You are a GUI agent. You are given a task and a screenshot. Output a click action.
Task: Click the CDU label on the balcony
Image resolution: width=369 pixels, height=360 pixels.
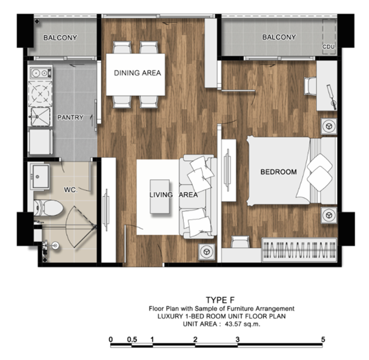click(328, 47)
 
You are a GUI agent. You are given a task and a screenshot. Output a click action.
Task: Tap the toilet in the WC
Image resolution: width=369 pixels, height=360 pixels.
click(48, 208)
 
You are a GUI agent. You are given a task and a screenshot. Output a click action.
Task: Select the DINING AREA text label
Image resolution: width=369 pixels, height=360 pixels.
click(137, 73)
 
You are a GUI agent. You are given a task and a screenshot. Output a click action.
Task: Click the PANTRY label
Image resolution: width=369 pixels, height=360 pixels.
click(70, 117)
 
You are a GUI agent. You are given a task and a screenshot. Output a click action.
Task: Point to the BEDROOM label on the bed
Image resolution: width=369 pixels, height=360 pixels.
click(279, 172)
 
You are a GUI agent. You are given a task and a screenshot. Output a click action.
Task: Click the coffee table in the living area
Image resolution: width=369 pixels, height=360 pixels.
click(160, 197)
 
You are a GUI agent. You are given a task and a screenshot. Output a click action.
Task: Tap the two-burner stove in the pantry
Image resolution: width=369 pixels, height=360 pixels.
click(41, 73)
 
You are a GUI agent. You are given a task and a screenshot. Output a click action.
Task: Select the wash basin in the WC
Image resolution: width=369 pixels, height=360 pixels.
click(41, 176)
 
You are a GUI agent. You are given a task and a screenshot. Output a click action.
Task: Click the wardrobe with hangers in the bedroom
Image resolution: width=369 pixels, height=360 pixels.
click(300, 250)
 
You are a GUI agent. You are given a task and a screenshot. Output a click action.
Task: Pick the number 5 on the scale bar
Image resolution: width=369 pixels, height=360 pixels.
click(323, 339)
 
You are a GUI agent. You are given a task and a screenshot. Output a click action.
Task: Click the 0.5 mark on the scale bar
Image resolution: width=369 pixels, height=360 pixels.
click(132, 339)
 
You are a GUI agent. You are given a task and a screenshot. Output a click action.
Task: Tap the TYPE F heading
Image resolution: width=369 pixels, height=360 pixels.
click(220, 300)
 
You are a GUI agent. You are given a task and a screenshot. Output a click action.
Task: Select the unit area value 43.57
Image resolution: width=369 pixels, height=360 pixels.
click(233, 324)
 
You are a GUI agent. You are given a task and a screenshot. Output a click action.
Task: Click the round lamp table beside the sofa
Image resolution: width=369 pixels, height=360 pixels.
click(207, 252)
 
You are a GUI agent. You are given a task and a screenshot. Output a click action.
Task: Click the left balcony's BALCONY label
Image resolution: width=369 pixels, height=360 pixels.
click(60, 37)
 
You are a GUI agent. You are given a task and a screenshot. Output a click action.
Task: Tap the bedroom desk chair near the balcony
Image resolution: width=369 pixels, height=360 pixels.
click(310, 86)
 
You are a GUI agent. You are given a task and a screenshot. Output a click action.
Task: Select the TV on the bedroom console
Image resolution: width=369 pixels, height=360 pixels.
click(228, 170)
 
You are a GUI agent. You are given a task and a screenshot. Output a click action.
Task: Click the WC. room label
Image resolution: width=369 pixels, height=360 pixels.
click(71, 190)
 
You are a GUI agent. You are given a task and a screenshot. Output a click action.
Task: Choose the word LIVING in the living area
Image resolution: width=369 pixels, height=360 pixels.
click(161, 195)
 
